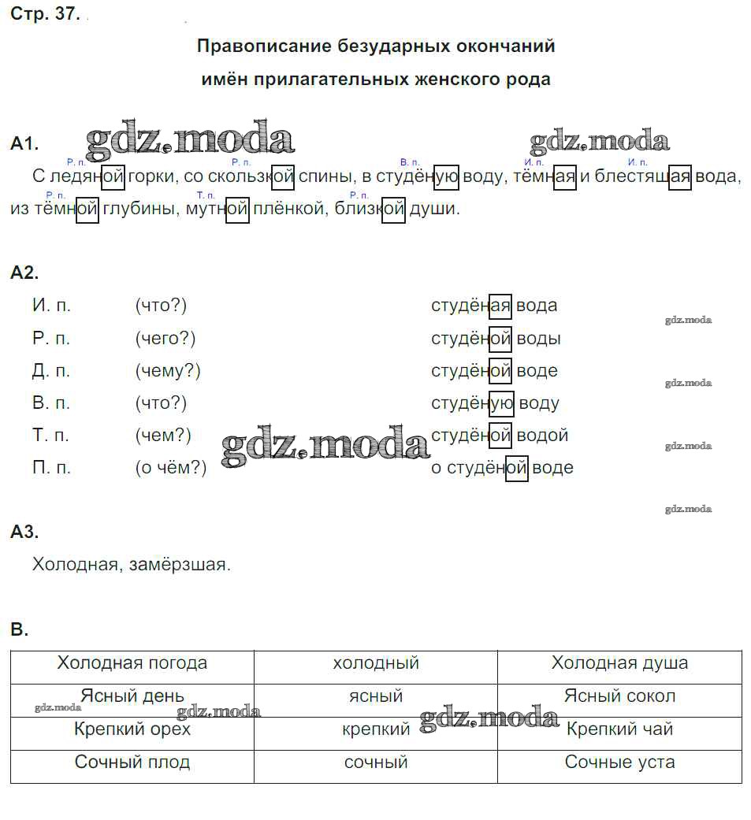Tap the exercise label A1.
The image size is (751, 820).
[x=24, y=143]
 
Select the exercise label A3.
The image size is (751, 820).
[x=24, y=532]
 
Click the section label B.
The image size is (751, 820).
[x=20, y=629]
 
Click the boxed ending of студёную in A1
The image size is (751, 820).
[x=447, y=176]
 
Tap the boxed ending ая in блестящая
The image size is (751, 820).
[x=679, y=176]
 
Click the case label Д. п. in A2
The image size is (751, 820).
[x=52, y=370]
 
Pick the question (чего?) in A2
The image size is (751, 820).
[x=165, y=338]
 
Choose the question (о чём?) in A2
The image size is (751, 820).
[x=171, y=467]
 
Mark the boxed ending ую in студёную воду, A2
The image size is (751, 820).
[x=501, y=403]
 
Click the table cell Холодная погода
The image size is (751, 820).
[x=132, y=663]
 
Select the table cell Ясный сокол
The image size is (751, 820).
[x=619, y=696]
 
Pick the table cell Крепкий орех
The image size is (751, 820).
[x=132, y=729]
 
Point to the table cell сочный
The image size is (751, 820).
[x=376, y=762]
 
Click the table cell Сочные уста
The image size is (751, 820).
[x=619, y=762]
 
